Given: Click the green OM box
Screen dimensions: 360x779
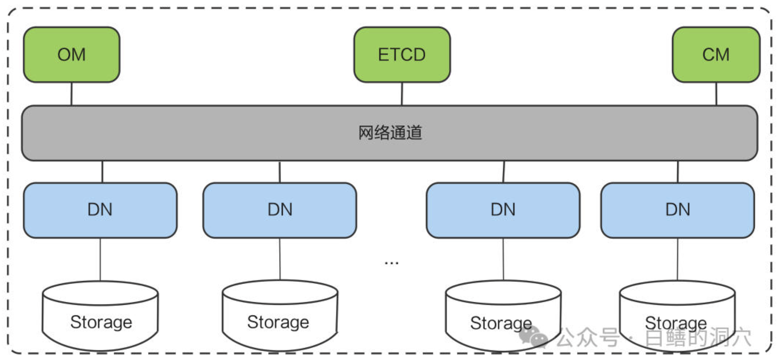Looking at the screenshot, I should [x=71, y=55].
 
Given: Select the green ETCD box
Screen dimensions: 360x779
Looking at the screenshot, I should [x=402, y=55].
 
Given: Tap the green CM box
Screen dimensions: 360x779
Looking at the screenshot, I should [x=716, y=55].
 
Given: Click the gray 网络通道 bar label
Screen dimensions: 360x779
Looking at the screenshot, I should [x=390, y=133].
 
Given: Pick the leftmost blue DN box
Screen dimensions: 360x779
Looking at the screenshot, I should [x=100, y=210].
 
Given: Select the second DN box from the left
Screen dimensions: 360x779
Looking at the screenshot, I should [x=280, y=210].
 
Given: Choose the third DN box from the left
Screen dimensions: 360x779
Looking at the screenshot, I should [x=503, y=210].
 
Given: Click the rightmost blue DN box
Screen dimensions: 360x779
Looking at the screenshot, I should [x=678, y=210].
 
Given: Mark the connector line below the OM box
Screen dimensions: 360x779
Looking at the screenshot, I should [x=71, y=94].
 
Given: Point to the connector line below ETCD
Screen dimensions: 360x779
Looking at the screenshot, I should [x=402, y=94].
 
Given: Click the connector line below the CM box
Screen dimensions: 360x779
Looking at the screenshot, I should [x=716, y=94].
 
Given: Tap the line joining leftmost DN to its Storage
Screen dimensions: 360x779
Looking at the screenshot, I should [x=100, y=259].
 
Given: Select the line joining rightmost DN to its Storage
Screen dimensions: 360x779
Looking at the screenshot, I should [x=677, y=259].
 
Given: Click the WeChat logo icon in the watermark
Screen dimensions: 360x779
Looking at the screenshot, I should [x=532, y=336].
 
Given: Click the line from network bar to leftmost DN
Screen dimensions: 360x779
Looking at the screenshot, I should [x=102, y=172].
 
